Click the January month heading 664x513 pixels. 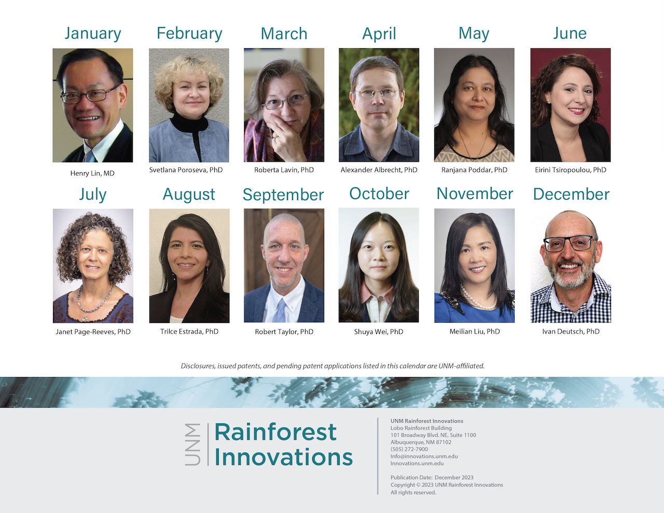click(x=93, y=34)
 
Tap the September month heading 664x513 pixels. click(x=283, y=195)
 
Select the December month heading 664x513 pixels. click(x=571, y=194)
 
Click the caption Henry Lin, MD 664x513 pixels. click(x=92, y=173)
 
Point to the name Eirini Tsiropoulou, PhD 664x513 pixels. click(x=571, y=170)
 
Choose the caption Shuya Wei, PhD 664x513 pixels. click(x=379, y=332)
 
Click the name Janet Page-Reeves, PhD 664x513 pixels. click(x=93, y=332)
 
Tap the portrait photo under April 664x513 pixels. click(x=379, y=105)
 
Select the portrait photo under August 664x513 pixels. click(x=189, y=266)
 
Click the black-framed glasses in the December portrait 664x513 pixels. click(x=570, y=243)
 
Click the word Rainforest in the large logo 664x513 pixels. click(x=275, y=432)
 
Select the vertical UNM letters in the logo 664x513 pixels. click(x=192, y=445)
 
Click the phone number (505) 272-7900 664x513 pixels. click(x=409, y=449)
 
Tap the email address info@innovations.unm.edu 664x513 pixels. click(x=424, y=456)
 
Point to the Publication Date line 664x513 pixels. click(x=432, y=478)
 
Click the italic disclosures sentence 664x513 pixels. click(x=333, y=366)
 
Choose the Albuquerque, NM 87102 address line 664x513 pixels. click(x=421, y=442)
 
